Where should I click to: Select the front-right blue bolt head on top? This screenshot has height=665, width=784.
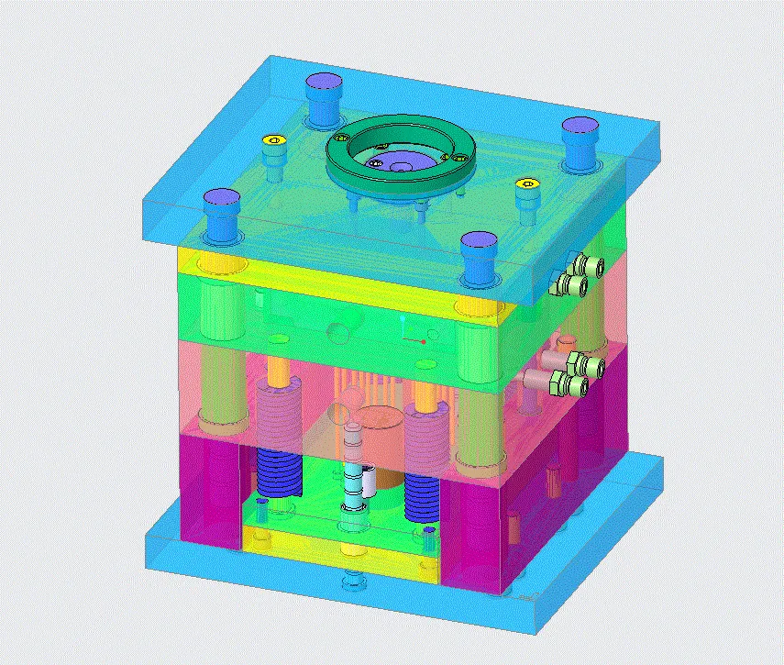478,246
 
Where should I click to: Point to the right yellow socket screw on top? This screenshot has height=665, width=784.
527,184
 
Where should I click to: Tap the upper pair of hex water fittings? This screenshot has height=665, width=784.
578,276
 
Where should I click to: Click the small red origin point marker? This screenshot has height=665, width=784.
424,341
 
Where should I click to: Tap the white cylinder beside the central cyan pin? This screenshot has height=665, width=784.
368,477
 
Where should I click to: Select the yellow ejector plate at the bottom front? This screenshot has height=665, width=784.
339,550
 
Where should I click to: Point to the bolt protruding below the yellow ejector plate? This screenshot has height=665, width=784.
351,582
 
